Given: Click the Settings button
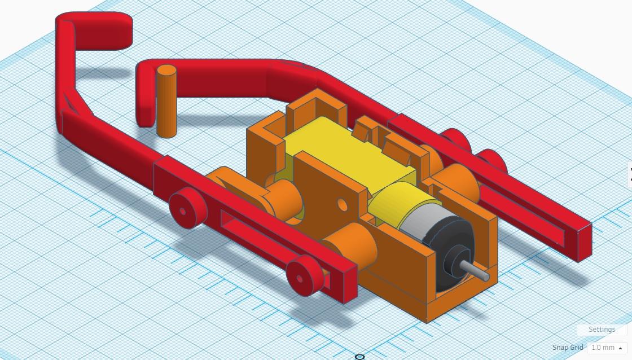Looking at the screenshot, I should click(x=602, y=330).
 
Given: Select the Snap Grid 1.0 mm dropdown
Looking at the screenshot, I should click(x=607, y=348).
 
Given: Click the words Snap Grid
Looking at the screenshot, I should click(x=568, y=348).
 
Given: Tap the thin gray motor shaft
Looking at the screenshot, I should click(x=475, y=270).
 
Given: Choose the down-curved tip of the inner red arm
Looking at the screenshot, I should click(x=146, y=99).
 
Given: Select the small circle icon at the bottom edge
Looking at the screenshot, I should click(x=359, y=357).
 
